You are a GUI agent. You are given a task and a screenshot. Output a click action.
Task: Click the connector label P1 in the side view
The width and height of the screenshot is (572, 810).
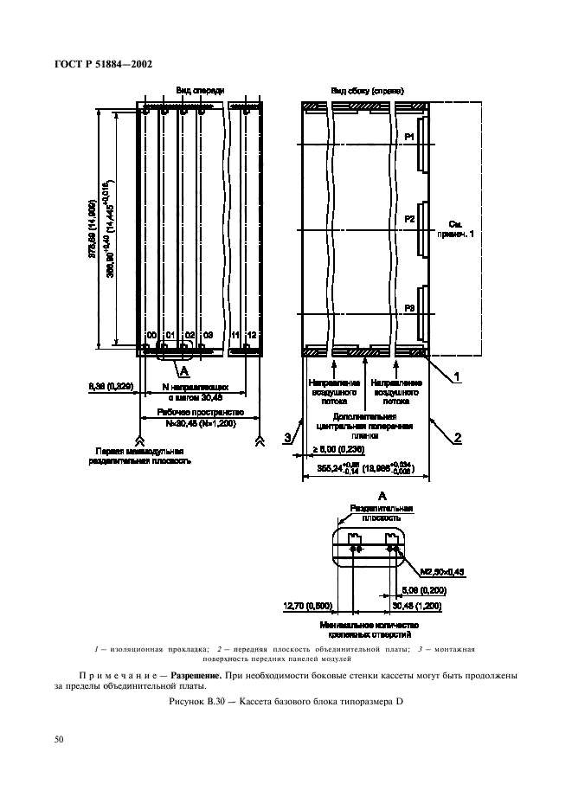pos(410,136)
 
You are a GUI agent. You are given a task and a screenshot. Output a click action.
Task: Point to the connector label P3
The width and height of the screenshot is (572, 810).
pos(410,307)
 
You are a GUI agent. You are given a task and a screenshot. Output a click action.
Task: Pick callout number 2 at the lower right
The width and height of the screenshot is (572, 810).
pos(457,438)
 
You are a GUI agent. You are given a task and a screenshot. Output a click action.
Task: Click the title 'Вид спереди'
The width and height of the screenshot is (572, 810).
pos(200,90)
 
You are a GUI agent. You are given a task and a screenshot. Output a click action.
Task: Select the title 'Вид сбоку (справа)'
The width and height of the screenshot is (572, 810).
pos(368,90)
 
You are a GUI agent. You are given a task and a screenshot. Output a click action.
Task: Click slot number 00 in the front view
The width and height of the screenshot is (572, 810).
pos(151,334)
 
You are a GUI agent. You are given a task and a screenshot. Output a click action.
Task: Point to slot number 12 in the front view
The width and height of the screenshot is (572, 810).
pos(251,334)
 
